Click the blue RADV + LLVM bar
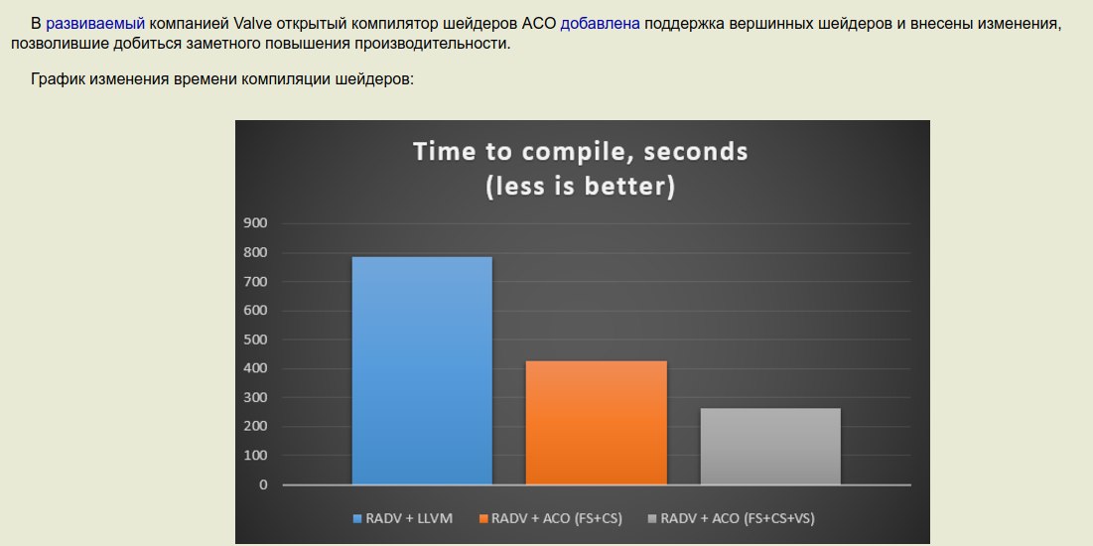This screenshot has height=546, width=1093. [422, 370]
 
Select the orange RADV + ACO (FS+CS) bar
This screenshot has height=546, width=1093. [596, 423]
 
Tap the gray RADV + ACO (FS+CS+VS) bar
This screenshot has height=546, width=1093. [770, 447]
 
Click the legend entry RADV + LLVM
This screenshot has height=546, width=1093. [403, 518]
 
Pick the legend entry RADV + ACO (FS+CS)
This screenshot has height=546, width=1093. [551, 518]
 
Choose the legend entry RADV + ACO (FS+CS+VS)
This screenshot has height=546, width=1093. [732, 518]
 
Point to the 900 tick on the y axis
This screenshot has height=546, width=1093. [255, 223]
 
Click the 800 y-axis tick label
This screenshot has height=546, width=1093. [255, 252]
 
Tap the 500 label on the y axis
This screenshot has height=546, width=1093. [255, 340]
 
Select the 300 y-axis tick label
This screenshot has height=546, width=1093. [255, 397]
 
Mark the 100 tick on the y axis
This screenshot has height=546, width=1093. [255, 456]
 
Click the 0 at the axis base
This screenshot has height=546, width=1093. [263, 484]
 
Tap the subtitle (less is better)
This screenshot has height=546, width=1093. [581, 187]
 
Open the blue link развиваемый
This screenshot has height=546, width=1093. [95, 24]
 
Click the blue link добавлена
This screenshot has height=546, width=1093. [601, 23]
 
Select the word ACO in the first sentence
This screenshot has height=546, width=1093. [539, 23]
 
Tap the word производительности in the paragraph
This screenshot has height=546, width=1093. [432, 44]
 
